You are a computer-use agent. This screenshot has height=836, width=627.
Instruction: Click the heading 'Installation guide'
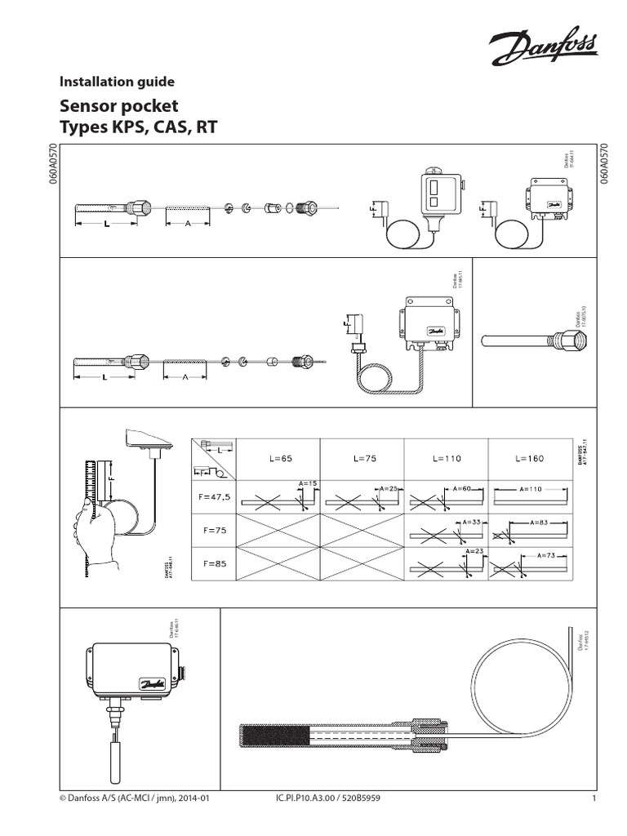[x=118, y=82]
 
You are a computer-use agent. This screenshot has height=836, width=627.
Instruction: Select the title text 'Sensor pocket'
[x=119, y=107]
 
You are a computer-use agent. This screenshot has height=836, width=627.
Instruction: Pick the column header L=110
[x=446, y=459]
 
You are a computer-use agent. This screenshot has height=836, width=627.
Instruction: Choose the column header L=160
[x=529, y=459]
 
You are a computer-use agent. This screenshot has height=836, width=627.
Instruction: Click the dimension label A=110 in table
[x=530, y=488]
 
